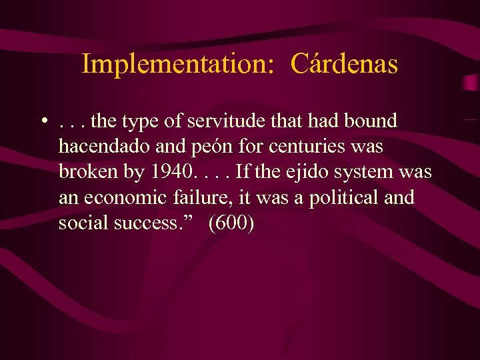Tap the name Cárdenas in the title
pos(345,65)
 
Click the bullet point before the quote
pos(43,122)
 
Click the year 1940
pos(173,172)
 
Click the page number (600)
pos(231,223)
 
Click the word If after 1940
pos(244,172)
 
